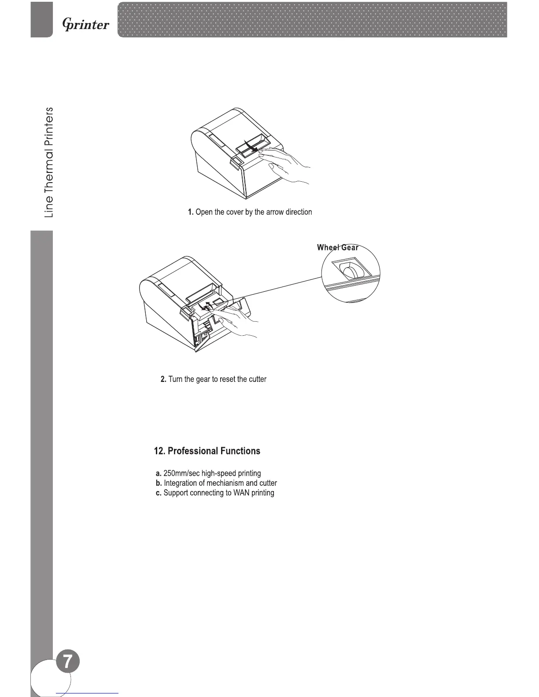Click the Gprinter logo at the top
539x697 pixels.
point(86,24)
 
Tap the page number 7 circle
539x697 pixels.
point(68,663)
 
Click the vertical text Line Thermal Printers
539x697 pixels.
point(49,162)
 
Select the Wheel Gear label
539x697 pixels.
point(337,247)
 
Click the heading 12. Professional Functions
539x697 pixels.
point(207,451)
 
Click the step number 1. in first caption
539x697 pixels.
point(190,212)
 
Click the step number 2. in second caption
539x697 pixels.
point(163,379)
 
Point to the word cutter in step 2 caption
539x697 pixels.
point(256,379)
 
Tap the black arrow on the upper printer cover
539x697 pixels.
point(251,147)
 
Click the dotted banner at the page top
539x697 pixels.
point(313,20)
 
